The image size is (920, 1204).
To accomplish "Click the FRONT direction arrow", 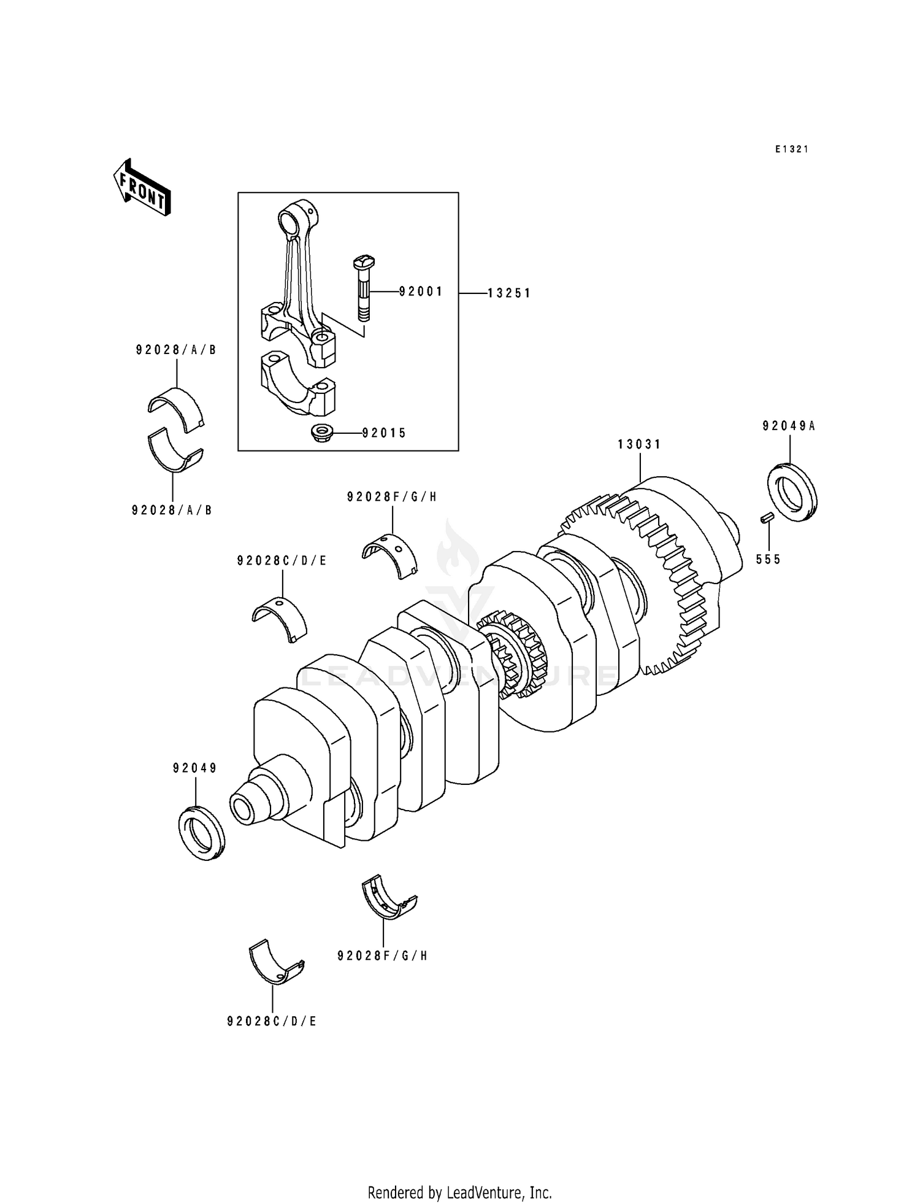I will click(x=142, y=187).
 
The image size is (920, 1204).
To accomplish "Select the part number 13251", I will click(x=508, y=293).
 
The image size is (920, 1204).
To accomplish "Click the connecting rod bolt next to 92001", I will click(x=364, y=288).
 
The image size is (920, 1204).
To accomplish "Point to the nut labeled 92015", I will click(x=320, y=433).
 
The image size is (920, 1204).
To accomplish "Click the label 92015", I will click(x=384, y=433).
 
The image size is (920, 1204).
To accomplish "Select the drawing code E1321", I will click(x=791, y=149).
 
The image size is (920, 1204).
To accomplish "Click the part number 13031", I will click(x=639, y=444).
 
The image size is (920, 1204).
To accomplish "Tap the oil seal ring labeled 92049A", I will click(x=792, y=493).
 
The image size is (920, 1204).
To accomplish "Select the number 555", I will click(x=768, y=559).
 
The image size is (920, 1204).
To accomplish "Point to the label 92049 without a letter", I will click(x=195, y=768).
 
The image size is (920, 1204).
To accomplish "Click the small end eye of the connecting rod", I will click(x=288, y=219).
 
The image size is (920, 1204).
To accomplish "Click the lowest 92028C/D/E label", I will click(x=272, y=1021).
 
